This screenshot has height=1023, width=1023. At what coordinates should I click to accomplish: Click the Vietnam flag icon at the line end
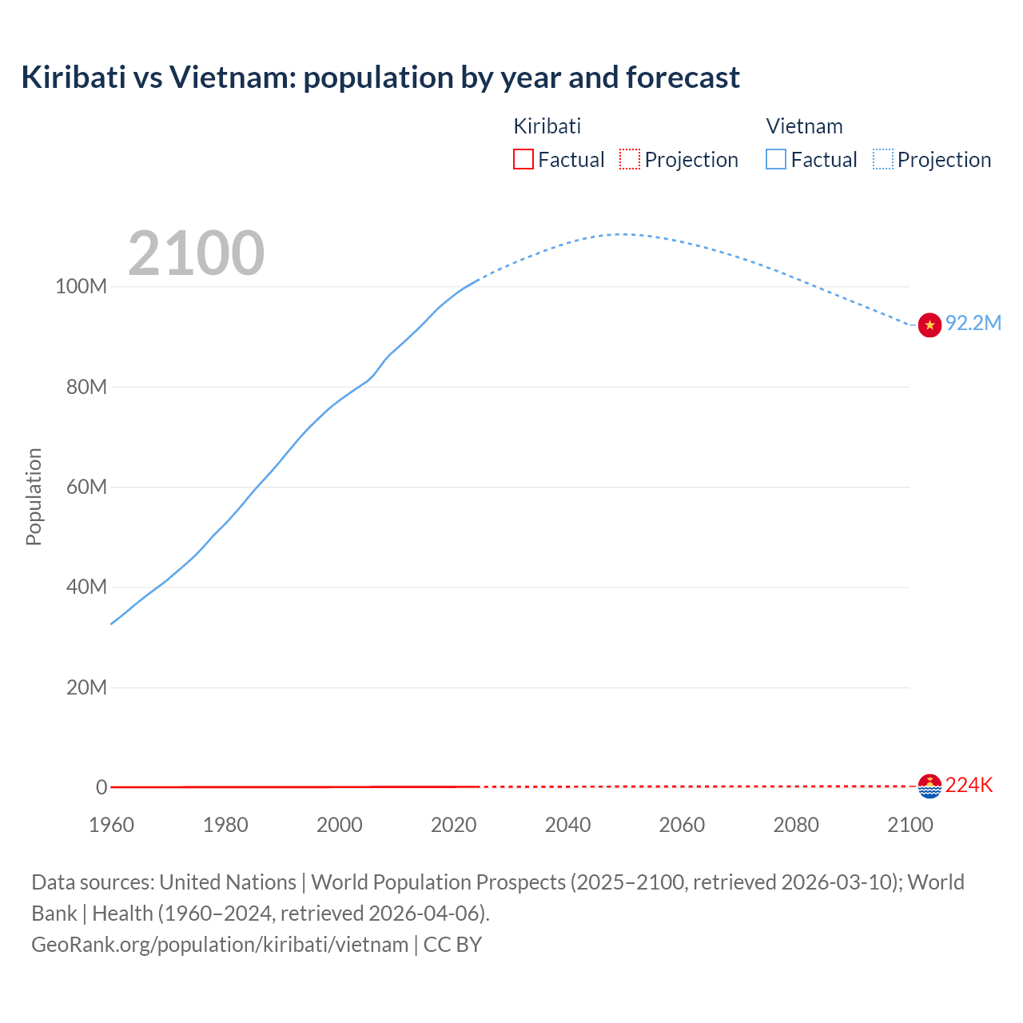point(929,325)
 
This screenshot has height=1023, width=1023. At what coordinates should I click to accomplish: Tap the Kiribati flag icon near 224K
point(929,786)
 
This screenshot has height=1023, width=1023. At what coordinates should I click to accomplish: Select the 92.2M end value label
point(973,324)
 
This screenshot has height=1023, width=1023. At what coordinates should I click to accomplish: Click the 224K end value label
point(969,786)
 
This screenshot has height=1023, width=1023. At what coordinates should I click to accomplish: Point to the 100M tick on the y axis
point(81,287)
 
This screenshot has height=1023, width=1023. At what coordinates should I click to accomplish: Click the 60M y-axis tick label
point(86,488)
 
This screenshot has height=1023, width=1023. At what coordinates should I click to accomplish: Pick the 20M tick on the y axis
point(86,688)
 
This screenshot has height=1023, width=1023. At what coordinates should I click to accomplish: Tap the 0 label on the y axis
point(102,788)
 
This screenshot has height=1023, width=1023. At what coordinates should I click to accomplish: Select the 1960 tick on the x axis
point(111,826)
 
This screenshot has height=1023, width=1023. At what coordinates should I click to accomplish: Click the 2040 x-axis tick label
point(567,826)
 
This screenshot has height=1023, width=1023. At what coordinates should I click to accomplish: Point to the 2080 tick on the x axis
point(796,826)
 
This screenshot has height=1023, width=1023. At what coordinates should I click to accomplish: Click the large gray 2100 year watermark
point(196,253)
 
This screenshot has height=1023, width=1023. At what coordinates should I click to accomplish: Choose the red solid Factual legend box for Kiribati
point(523,160)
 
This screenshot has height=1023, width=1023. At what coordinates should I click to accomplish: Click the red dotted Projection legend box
point(630,160)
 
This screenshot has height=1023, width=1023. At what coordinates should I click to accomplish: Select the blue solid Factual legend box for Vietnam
point(776,160)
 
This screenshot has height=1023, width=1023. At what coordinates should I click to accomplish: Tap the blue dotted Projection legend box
point(882,160)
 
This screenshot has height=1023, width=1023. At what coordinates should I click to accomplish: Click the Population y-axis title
point(34,497)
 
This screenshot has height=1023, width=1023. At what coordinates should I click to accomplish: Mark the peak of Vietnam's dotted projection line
point(622,234)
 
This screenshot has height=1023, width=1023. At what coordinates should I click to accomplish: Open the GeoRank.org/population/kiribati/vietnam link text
point(220,945)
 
